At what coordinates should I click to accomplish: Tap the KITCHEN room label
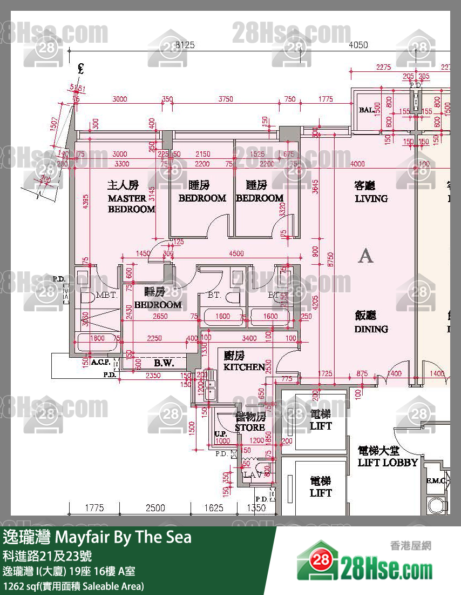tap(245, 367)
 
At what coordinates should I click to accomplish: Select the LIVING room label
tap(371, 198)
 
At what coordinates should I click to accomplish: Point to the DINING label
tap(371, 329)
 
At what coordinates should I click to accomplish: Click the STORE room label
tap(250, 427)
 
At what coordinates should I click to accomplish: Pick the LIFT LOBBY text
tap(388, 463)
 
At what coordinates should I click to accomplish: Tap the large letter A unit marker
tap(366, 256)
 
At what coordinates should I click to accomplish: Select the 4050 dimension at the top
tap(358, 45)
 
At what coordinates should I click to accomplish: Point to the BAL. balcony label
tap(367, 110)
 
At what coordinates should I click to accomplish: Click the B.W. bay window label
tap(164, 363)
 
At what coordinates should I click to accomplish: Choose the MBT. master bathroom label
tap(106, 296)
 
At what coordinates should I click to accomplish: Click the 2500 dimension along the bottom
tap(155, 508)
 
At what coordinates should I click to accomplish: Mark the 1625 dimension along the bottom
tap(214, 508)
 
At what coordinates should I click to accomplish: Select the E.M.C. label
tap(435, 480)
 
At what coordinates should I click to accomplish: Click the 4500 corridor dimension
tap(236, 253)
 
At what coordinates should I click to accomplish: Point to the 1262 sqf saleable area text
tap(73, 586)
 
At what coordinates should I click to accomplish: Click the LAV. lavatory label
tap(252, 474)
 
